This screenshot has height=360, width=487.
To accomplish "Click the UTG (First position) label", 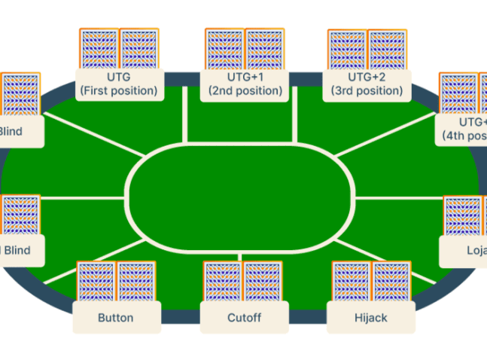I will pos(120,84).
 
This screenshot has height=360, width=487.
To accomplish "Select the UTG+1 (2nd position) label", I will pos(245,84).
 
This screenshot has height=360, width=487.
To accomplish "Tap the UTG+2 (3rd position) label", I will pos(367,84).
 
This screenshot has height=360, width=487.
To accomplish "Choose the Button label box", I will pos(116,317).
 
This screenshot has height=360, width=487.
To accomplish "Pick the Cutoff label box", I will pos(244,317).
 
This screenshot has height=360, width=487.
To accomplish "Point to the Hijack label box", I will pos(370,317).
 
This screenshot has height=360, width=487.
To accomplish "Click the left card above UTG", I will pos(99,50).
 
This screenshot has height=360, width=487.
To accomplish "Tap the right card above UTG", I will pos(139,50).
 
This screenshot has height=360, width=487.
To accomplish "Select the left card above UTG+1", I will pos(225,50).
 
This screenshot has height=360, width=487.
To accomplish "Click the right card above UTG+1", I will pos(265,50).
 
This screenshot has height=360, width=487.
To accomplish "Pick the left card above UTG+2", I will pos(348,50).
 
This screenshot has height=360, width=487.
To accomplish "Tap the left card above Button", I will pos(96,282).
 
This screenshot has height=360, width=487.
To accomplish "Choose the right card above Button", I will pos(136,282).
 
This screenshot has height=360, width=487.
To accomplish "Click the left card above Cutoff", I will pos(224,282).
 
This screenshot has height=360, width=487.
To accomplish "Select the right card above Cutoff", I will pos(263,282).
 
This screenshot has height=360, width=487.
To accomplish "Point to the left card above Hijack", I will pos(352,282).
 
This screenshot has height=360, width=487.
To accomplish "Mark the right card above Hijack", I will pos(391,282).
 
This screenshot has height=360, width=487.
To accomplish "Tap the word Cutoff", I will pos(244,317).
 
